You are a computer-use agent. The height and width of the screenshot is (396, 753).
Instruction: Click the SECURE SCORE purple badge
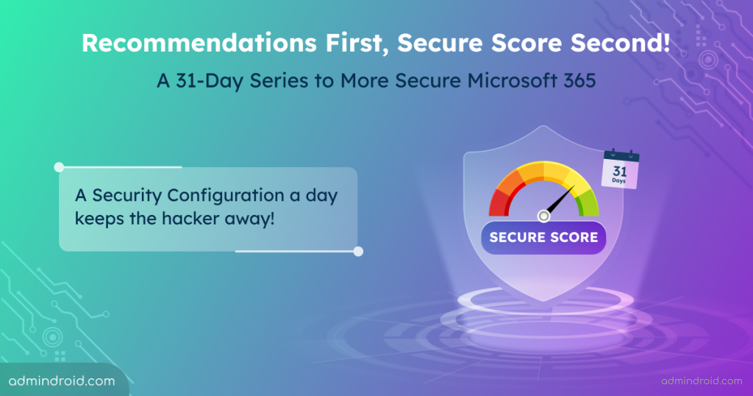tap(543, 237)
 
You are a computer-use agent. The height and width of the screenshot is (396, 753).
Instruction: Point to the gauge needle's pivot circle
tap(543, 216)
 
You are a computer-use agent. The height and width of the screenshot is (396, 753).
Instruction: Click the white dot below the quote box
tap(358, 251)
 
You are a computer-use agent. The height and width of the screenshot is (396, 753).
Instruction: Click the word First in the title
tap(350, 43)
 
